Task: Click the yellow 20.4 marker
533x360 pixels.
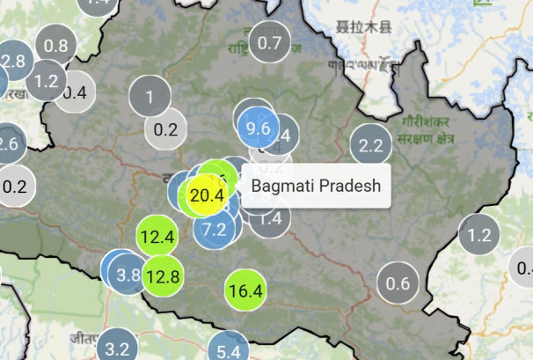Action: coord(207,195)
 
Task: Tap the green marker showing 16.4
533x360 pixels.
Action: coord(245,290)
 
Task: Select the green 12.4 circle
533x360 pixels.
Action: coord(157,236)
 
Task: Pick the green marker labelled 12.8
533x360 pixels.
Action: coord(163,276)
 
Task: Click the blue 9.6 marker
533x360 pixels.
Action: coord(259,128)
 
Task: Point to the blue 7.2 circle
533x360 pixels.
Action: coord(215,230)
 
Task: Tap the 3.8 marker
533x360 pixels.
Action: coord(128,274)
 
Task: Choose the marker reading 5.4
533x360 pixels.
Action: coord(228,351)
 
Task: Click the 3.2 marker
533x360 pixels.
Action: coord(117,348)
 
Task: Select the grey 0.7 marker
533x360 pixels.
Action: coord(270,42)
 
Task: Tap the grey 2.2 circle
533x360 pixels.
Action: coord(371,146)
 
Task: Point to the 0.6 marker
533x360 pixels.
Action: coord(398,283)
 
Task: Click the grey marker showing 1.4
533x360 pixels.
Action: coord(269,217)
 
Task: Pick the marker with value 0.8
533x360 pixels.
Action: coord(55,46)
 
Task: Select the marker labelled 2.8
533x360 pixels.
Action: coord(12,61)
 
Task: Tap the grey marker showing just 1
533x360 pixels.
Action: coord(150,97)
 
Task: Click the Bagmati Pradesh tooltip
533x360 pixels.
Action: coord(316,186)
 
